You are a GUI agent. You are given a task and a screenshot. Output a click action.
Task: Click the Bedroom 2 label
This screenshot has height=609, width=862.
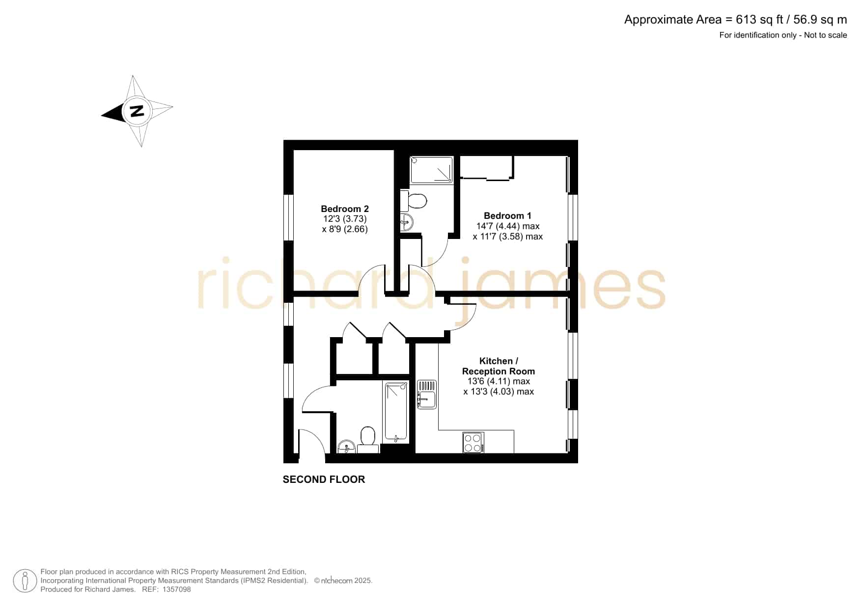[345, 209]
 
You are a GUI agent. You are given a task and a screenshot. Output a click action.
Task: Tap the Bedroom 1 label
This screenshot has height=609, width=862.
[507, 215]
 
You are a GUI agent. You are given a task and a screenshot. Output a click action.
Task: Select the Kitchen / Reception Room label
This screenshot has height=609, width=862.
[499, 366]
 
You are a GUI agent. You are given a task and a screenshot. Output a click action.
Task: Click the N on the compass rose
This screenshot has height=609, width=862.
[137, 111]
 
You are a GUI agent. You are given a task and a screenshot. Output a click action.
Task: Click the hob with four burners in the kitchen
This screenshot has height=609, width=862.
[473, 442]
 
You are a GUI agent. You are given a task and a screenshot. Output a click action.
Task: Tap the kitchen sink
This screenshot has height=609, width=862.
[426, 395]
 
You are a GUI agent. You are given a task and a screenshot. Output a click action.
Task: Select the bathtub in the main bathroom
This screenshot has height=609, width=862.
[396, 411]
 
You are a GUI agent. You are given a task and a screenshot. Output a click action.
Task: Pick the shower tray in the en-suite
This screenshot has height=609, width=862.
[432, 170]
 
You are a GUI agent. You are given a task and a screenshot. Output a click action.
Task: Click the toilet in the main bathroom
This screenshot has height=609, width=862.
[368, 440]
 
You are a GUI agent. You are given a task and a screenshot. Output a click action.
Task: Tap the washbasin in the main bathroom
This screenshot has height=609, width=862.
[346, 447]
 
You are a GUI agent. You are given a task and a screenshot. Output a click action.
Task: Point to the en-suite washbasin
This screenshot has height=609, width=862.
[407, 222]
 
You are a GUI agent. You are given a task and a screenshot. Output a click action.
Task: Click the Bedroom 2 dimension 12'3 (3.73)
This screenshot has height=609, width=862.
[345, 219]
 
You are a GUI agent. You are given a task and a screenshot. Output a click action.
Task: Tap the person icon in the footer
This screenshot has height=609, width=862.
[25, 581]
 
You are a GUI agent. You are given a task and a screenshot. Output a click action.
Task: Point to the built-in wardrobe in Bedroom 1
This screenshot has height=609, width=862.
[487, 168]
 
